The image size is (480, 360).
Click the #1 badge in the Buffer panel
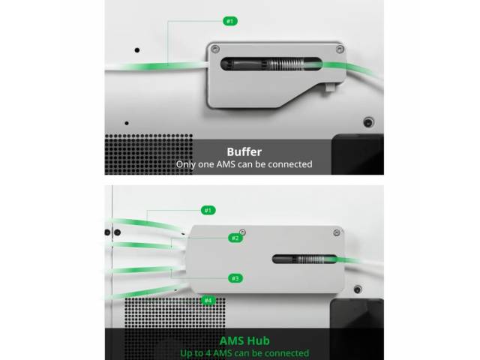230,21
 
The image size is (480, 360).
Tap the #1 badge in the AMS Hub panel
208,210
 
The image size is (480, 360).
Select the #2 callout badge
235,238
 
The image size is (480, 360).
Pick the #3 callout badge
235,278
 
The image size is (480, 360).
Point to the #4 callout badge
208,300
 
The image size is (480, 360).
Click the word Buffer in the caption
244,151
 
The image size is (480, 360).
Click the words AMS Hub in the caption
244,340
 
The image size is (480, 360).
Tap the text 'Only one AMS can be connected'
244,164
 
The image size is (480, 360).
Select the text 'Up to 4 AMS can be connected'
244,353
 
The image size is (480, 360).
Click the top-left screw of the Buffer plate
215,49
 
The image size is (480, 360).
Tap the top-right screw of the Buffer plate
340,49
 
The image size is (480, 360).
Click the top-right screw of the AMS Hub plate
337,232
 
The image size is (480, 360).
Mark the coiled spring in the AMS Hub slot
310,259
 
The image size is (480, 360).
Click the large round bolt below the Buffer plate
368,122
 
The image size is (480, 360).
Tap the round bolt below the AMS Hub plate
358,289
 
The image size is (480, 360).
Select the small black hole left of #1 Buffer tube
137,50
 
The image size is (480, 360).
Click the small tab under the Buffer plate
330,88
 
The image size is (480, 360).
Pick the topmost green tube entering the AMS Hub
148,224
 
